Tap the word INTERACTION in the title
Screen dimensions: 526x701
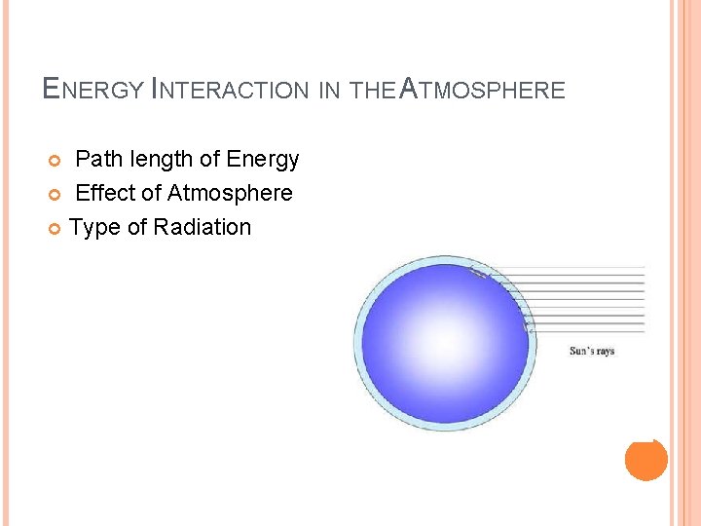tap(231, 91)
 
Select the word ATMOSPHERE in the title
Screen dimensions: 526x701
tap(483, 91)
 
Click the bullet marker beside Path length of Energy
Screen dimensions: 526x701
tap(55, 160)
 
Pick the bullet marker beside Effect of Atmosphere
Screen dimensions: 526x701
tap(55, 194)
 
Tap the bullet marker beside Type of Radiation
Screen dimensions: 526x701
tap(55, 228)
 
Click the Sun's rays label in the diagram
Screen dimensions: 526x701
tap(592, 351)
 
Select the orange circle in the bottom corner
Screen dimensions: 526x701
tap(646, 459)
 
